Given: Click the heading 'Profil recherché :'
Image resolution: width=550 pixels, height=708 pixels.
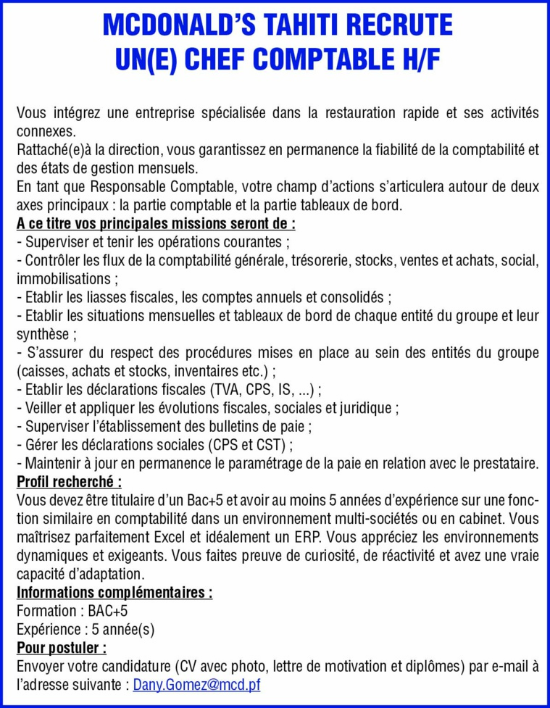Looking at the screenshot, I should pos(69,481).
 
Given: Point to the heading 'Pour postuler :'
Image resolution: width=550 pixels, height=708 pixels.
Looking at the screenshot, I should pos(62,647).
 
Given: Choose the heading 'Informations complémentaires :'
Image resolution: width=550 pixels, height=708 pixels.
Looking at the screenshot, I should pos(114,593).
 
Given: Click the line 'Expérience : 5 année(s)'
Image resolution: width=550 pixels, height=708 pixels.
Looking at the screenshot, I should pos(85,629).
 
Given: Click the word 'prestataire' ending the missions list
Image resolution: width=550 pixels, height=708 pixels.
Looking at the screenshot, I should pos(501,462).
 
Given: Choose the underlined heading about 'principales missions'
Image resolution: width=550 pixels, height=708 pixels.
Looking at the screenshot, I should pos(155,223).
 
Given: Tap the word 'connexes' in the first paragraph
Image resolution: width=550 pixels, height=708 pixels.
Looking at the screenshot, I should pos(44,132).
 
